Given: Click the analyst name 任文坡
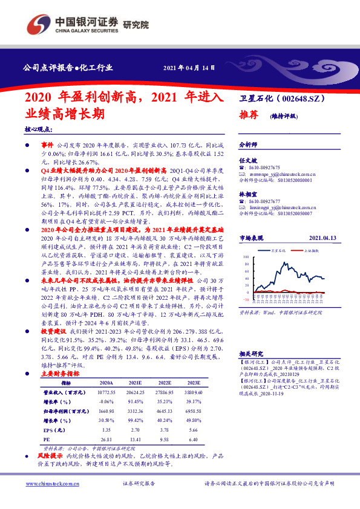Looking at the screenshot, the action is coord(247,161).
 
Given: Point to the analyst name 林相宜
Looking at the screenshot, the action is coord(247,194).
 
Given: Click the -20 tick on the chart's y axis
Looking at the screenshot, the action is coord(245,299).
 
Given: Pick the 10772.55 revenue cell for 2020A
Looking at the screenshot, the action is coord(106,392).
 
